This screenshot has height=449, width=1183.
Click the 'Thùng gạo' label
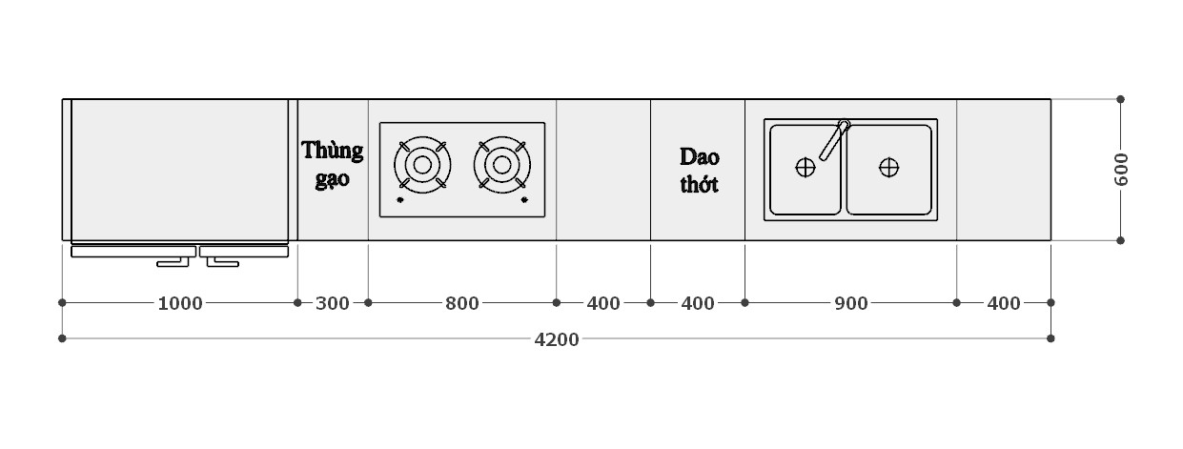coord(333,164)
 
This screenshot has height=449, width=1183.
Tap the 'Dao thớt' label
coord(699,170)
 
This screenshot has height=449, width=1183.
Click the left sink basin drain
coord(806,168)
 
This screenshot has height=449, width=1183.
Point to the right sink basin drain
coord(888,168)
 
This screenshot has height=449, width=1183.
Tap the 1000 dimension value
coord(179,303)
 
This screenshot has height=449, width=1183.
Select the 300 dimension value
coord(332,303)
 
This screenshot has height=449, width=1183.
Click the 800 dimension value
coord(462,303)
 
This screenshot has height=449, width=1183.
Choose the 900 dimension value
coord(850,303)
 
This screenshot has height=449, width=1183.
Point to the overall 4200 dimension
coord(557,339)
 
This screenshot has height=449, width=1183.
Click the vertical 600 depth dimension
coord(1121,170)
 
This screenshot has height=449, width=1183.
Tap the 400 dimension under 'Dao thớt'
coord(698,303)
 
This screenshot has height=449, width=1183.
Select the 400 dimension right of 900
coord(1003,303)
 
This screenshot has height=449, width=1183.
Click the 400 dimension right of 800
coord(603,303)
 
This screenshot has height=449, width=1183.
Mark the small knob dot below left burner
coord(399,200)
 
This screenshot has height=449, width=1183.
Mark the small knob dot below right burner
coord(524,200)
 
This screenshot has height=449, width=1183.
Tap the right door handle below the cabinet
coord(221,260)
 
